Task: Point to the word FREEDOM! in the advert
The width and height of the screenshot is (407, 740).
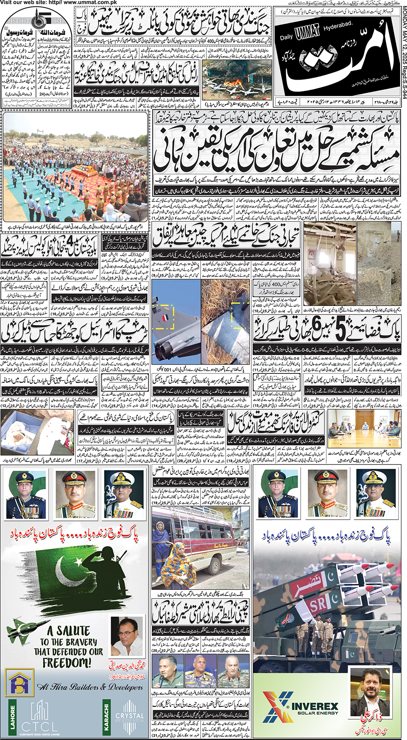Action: (67, 663)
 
